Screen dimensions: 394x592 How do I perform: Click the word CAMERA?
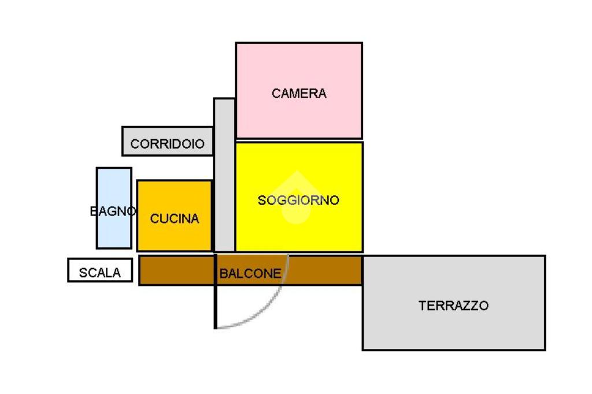point(299,93)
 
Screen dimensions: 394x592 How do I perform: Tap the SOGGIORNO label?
point(298,200)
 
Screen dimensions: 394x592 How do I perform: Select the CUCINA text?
point(175,218)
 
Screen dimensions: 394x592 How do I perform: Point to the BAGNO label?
point(113,211)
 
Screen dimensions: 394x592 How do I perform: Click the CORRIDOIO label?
point(168,144)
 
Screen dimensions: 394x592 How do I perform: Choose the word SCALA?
point(100,273)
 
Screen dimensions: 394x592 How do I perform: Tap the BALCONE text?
point(250,273)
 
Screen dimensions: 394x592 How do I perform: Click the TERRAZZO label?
point(453,306)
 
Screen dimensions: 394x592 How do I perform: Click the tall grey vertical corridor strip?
point(224,173)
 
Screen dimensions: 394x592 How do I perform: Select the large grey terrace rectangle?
point(453,329)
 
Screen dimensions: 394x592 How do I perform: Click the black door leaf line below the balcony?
point(216,306)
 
